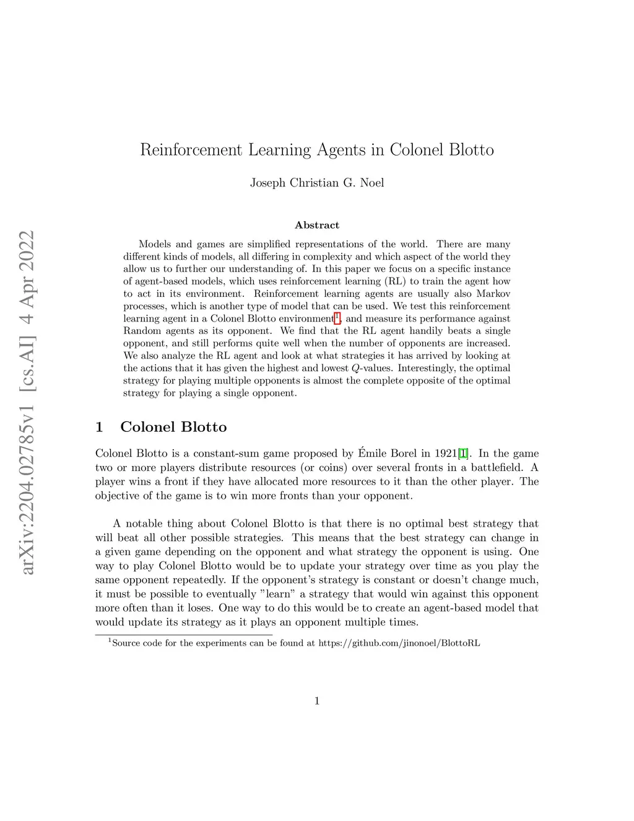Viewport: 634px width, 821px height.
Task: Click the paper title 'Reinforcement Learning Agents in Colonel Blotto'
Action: [x=317, y=150]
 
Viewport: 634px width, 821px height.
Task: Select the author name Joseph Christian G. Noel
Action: [x=317, y=183]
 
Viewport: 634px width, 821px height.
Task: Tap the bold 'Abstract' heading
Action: [x=317, y=225]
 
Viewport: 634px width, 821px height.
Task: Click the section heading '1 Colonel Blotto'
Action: [x=161, y=427]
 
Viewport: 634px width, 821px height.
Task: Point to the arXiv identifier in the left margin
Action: [x=27, y=403]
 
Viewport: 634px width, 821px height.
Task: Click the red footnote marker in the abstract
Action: [x=337, y=318]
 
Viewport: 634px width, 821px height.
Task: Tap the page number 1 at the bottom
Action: [x=317, y=701]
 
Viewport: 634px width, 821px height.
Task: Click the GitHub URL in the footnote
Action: [x=399, y=643]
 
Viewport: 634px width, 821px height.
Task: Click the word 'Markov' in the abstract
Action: [x=493, y=294]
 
